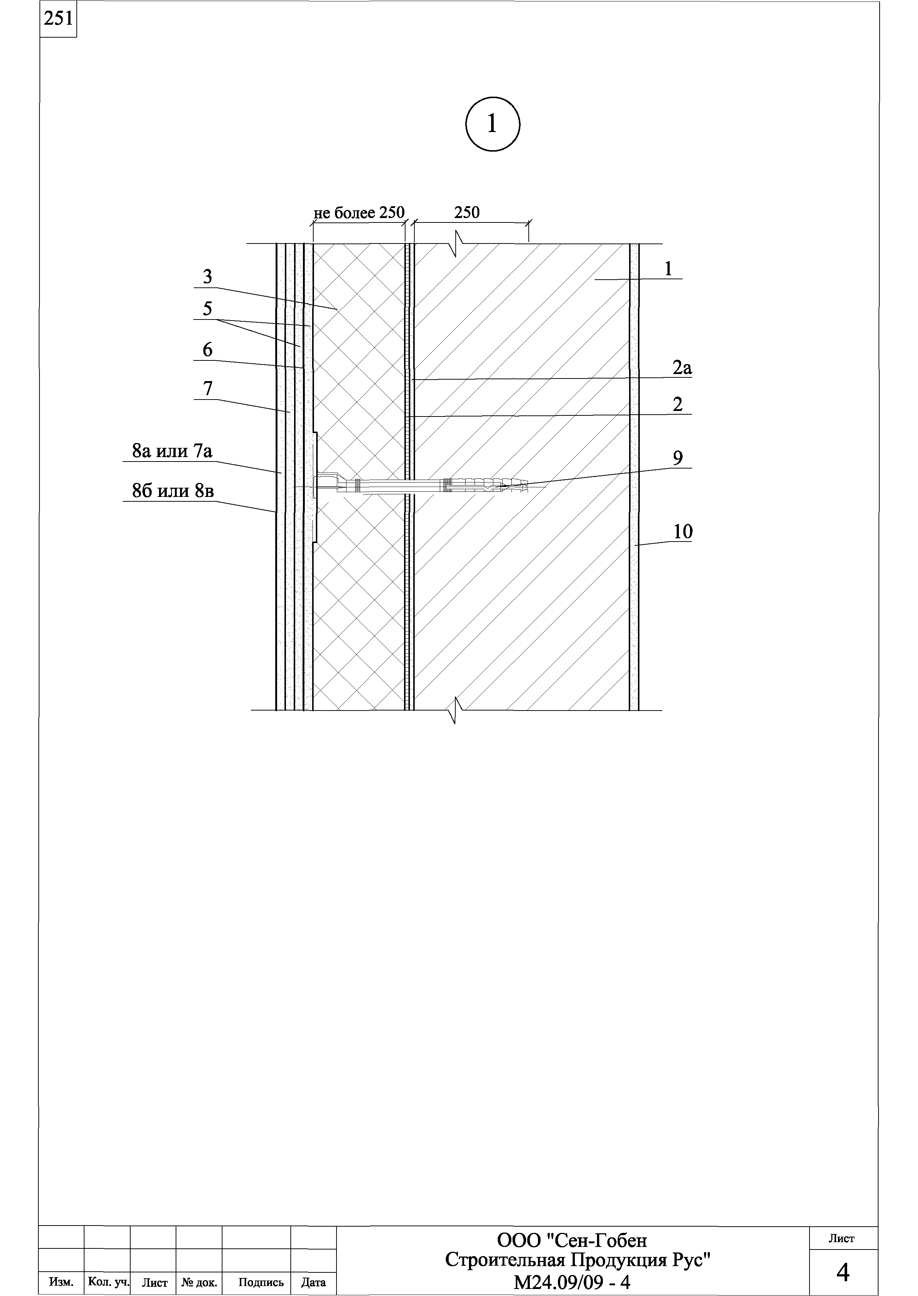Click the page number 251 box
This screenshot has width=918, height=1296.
click(58, 19)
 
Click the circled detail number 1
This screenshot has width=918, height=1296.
click(492, 124)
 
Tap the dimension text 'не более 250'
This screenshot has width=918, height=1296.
click(359, 213)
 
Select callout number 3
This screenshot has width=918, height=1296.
click(207, 277)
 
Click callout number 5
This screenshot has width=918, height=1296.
click(207, 309)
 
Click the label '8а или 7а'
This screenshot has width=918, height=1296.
click(172, 451)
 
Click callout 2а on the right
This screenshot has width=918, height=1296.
click(682, 369)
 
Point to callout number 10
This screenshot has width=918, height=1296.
click(682, 532)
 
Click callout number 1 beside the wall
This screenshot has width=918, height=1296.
click(669, 269)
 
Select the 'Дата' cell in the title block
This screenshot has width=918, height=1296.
click(313, 1282)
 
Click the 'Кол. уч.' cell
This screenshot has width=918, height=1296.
click(107, 1282)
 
